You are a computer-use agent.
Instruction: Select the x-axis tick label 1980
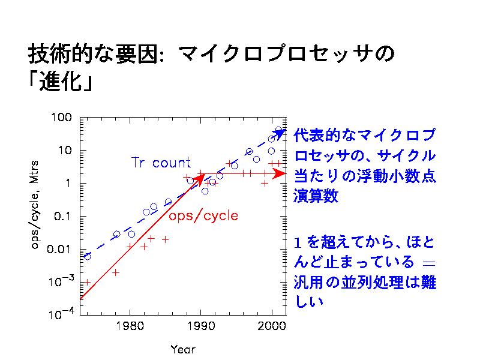click(x=128, y=326)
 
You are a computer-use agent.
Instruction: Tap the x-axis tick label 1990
click(x=200, y=326)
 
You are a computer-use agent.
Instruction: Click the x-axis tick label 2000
click(x=271, y=326)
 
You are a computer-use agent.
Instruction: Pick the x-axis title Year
click(x=182, y=349)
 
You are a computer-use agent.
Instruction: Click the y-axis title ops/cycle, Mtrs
click(x=35, y=204)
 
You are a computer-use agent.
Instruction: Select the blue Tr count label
click(x=161, y=162)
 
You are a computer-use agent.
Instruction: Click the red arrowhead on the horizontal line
click(x=279, y=173)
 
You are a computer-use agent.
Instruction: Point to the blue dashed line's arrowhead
click(x=280, y=133)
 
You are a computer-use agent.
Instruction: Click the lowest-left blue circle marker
click(x=88, y=256)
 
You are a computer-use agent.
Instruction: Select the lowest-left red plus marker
click(x=87, y=281)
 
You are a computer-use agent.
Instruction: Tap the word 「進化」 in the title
click(x=62, y=82)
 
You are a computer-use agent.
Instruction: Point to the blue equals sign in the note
click(x=428, y=263)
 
